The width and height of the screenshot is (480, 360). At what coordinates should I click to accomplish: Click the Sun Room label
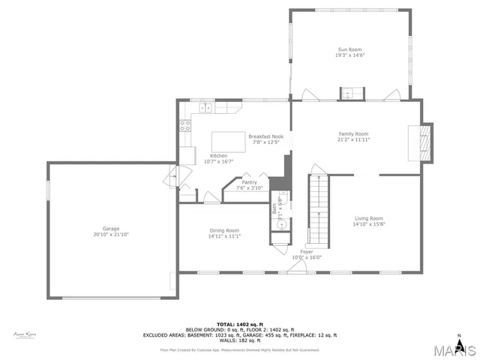[x=349, y=49]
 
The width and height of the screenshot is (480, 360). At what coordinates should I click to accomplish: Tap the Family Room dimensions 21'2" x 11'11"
[x=353, y=139]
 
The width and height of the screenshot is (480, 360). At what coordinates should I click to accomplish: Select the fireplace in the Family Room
[x=424, y=141]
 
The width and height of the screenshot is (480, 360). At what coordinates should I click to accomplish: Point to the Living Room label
[x=369, y=218]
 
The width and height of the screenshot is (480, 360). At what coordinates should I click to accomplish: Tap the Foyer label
[x=307, y=251]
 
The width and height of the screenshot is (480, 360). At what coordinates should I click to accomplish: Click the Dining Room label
[x=224, y=230]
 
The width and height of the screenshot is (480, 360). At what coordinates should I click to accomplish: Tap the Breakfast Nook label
[x=265, y=136]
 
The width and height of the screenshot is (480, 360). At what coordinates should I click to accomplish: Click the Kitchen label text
[x=197, y=155]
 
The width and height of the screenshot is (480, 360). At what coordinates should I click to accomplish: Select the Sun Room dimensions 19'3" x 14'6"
[x=349, y=55]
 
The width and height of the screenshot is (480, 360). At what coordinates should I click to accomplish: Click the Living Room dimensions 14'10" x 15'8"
[x=369, y=224]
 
